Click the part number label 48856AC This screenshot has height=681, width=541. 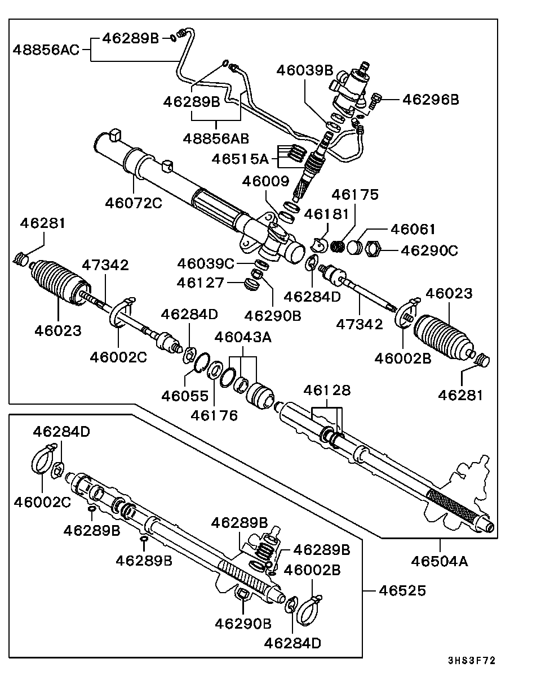pyautogui.click(x=46, y=49)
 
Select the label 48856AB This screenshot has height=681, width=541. pyautogui.click(x=216, y=138)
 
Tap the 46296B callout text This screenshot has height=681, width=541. pyautogui.click(x=430, y=100)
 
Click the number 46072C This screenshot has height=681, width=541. pyautogui.click(x=134, y=202)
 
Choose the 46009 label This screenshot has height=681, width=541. pyautogui.click(x=265, y=181)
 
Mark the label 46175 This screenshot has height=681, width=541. pyautogui.click(x=355, y=194)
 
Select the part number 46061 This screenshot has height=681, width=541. pyautogui.click(x=414, y=230)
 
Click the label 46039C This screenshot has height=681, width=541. pyautogui.click(x=205, y=263)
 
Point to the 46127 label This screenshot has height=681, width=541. pyautogui.click(x=201, y=282)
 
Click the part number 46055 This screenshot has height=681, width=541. pyautogui.click(x=185, y=395)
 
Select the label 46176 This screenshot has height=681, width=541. pyautogui.click(x=214, y=415)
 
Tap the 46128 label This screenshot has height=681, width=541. pyautogui.click(x=327, y=390)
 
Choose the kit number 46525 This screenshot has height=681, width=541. pyautogui.click(x=402, y=590)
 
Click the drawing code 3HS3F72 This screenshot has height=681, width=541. pyautogui.click(x=472, y=661)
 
